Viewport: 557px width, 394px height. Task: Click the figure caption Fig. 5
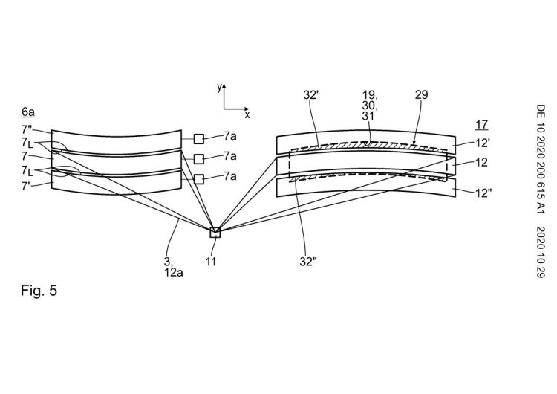[x=39, y=291]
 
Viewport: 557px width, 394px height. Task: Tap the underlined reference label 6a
[x=28, y=112]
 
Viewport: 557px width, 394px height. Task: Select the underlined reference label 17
[x=482, y=125]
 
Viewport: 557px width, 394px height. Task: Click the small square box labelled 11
[x=215, y=232]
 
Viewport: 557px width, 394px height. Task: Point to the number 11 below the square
[x=211, y=262]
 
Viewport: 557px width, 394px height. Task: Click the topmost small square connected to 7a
[x=199, y=139]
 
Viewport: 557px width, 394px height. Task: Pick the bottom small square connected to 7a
[x=199, y=179]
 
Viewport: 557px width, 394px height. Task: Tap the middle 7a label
[x=229, y=156]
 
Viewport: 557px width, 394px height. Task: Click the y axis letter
[x=220, y=87]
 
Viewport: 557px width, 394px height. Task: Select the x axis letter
[x=247, y=114]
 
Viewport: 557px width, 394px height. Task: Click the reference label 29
[x=421, y=94]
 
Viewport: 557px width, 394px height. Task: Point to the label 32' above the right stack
[x=310, y=94]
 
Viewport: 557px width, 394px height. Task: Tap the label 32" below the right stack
[x=308, y=262]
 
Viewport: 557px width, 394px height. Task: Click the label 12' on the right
[x=483, y=143]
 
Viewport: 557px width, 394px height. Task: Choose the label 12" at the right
[x=483, y=193]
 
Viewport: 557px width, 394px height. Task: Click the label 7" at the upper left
[x=27, y=130]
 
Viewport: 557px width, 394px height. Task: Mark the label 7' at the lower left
[x=26, y=186]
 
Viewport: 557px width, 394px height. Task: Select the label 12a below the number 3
[x=173, y=273]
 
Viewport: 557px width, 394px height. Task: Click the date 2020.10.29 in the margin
[x=541, y=252]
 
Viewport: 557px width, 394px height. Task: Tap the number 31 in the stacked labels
[x=368, y=115]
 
